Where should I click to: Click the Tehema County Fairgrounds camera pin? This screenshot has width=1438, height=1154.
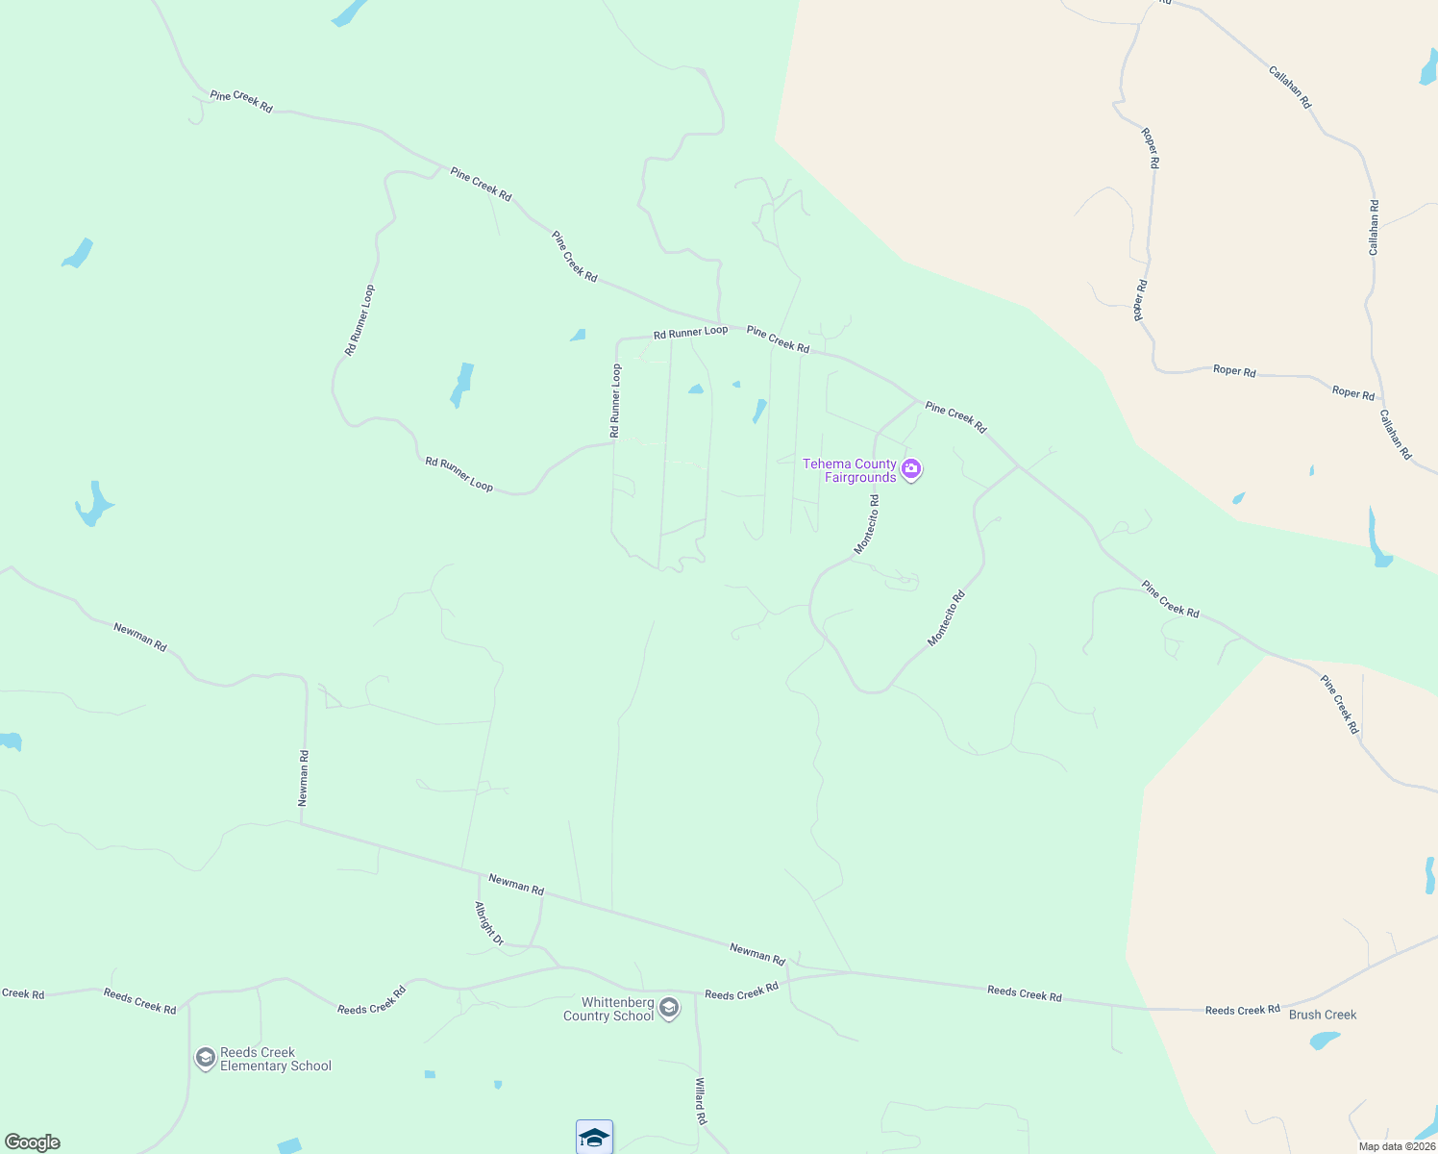(x=911, y=469)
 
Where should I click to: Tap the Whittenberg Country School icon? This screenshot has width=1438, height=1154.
(x=669, y=1008)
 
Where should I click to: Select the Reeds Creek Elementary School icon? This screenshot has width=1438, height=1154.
(x=205, y=1059)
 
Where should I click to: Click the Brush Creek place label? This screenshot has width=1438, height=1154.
(x=1323, y=1015)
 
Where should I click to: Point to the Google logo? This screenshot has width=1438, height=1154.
(x=33, y=1142)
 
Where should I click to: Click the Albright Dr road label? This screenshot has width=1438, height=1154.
(x=489, y=923)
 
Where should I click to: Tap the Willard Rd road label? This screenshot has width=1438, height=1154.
(x=701, y=1101)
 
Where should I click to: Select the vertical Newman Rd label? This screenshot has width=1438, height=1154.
(x=304, y=778)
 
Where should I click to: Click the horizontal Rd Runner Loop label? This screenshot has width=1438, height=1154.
(x=690, y=333)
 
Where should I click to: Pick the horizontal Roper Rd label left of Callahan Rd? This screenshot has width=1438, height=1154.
(x=1234, y=370)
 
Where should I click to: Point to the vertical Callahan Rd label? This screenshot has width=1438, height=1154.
(x=1374, y=228)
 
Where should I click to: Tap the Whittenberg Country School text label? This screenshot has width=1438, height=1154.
(x=608, y=1009)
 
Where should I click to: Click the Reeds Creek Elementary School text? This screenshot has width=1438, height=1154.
(x=275, y=1059)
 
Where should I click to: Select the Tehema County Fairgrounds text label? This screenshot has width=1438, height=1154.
(x=850, y=470)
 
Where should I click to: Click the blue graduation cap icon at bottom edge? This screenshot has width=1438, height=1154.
(x=594, y=1138)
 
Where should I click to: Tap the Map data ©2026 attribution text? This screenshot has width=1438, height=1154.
(x=1396, y=1146)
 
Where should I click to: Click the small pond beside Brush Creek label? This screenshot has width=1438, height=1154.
(x=1325, y=1040)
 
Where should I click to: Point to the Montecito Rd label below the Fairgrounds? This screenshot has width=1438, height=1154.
(x=867, y=524)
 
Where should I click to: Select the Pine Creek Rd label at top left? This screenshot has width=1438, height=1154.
(x=241, y=101)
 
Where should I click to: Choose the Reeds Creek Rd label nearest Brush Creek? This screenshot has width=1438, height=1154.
(x=1243, y=1010)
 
